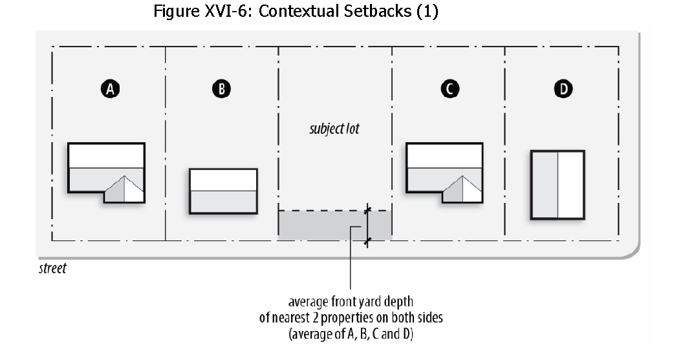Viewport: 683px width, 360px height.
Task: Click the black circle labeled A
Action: [111, 89]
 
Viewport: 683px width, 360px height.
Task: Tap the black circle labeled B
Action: [222, 89]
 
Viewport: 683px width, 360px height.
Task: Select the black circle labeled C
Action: [448, 89]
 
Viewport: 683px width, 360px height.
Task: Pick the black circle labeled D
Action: [565, 89]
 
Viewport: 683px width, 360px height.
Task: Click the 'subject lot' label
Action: [334, 129]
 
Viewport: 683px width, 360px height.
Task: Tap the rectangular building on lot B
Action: [223, 191]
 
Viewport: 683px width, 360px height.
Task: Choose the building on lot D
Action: [558, 185]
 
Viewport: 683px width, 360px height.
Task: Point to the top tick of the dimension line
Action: [367, 210]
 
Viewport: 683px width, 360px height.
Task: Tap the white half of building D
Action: [570, 185]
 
